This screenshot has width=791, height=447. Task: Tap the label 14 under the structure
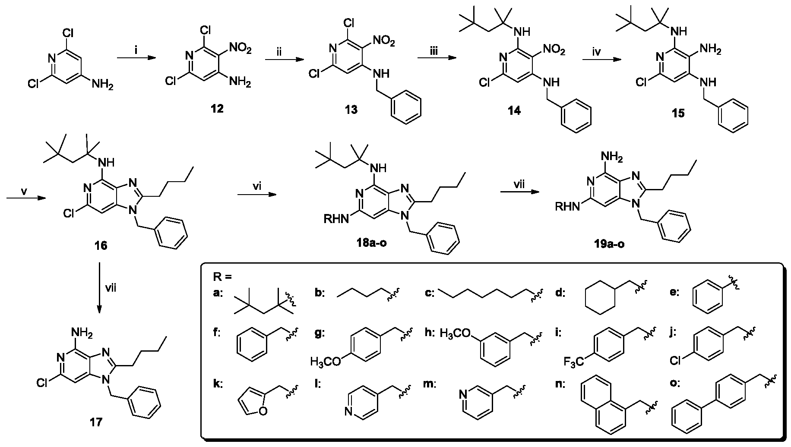514,110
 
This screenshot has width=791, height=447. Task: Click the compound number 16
101,246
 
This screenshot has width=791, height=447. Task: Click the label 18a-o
369,243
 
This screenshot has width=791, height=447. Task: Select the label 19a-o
609,244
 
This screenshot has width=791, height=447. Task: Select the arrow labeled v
26,198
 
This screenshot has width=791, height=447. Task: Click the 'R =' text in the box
223,277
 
